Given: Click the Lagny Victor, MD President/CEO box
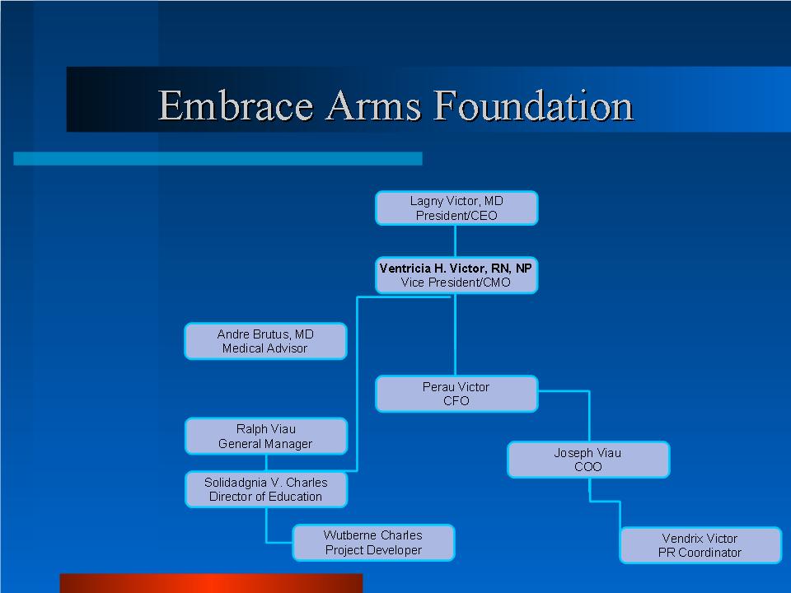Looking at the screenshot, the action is point(456,208).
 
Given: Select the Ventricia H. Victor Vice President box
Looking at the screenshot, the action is point(456,275).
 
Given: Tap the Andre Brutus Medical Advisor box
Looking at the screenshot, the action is point(266,341).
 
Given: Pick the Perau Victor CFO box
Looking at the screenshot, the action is point(456,394).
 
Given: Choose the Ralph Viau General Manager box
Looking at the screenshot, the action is point(266,437).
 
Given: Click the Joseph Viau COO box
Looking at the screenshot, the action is point(588,460).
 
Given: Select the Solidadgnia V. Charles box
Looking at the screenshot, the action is point(266,489).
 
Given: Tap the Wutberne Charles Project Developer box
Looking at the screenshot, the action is point(373,543).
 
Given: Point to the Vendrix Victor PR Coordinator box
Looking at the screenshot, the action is point(700,545).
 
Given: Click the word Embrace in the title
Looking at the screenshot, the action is point(236,105).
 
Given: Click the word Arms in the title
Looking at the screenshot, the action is point(373,105).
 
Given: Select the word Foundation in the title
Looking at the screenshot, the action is point(533,105).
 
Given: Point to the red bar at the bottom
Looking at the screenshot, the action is point(211,583).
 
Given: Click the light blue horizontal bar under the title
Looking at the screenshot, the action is point(218,158).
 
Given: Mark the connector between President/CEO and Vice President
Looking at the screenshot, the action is point(456,241).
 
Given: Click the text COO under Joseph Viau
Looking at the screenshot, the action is point(588,467).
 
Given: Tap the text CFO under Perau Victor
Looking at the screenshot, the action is point(456,401).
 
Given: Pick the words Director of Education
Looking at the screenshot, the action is point(265,497).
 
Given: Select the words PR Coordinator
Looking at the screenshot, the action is point(700,553).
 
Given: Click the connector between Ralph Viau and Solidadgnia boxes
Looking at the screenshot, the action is point(266,463).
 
